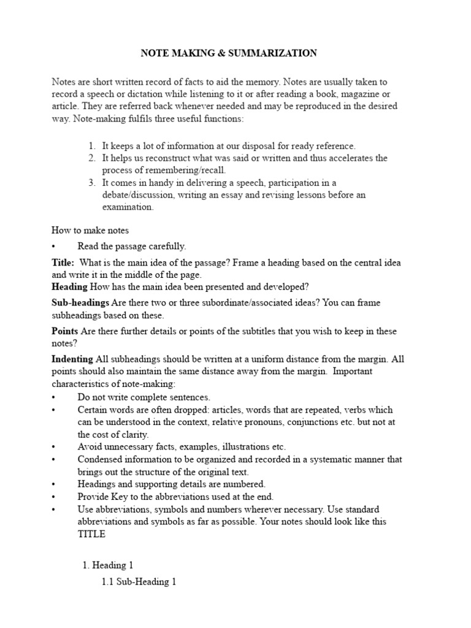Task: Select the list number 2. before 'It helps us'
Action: [91, 158]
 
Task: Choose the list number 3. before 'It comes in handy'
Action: [91, 183]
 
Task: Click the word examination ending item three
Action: [128, 207]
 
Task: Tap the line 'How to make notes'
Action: [90, 230]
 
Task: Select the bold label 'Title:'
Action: [63, 262]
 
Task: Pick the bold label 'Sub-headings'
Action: [80, 303]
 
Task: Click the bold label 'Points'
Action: [64, 331]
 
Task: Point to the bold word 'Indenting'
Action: [72, 359]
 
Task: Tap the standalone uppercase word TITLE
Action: [91, 534]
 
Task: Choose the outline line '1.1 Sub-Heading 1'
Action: [139, 582]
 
